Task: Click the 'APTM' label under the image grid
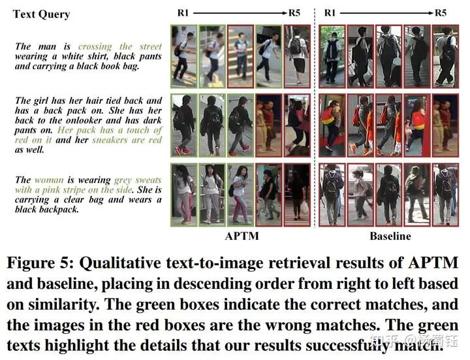pyautogui.click(x=241, y=236)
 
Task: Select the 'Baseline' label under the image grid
pyautogui.click(x=390, y=236)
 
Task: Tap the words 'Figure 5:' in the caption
pyautogui.click(x=40, y=264)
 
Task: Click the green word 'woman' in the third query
pyautogui.click(x=50, y=180)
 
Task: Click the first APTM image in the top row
pyautogui.click(x=183, y=56)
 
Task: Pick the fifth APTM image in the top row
pyautogui.click(x=298, y=56)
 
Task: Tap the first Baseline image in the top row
pyautogui.click(x=332, y=56)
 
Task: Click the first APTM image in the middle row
pyautogui.click(x=183, y=125)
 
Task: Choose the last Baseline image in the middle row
pyautogui.click(x=446, y=125)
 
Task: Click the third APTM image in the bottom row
pyautogui.click(x=240, y=195)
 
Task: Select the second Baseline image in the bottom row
pyautogui.click(x=361, y=195)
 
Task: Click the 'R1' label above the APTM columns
pyautogui.click(x=184, y=12)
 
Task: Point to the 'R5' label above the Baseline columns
pyautogui.click(x=441, y=12)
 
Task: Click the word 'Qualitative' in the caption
pyautogui.click(x=131, y=264)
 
